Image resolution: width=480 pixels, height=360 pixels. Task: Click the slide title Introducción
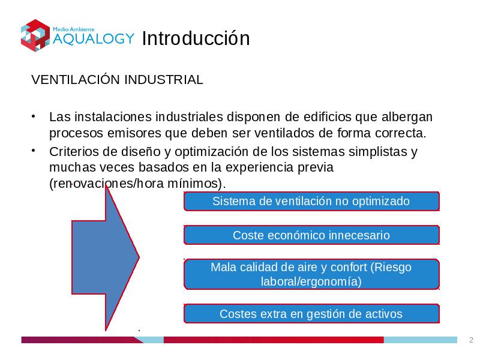[196, 38]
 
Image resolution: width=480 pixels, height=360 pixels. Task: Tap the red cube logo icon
[35, 35]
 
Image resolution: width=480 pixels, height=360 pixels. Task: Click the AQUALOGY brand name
[94, 39]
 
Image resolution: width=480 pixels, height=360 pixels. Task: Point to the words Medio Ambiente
[73, 29]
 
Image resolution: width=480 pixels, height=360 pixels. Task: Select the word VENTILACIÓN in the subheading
[76, 79]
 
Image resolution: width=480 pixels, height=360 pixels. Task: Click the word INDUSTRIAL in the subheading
[164, 80]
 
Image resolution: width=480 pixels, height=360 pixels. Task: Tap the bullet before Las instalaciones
[33, 116]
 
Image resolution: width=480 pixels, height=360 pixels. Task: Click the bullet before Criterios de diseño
[33, 151]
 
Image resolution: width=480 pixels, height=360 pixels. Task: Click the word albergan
[407, 118]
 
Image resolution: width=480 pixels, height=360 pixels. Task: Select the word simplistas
[378, 152]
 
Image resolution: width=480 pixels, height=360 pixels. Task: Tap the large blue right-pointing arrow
[106, 258]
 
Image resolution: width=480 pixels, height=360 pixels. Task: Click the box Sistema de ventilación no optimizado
[311, 201]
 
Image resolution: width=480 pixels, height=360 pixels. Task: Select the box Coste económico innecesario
[311, 235]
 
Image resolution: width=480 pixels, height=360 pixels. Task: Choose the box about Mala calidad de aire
[311, 274]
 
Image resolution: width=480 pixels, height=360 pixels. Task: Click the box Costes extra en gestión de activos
[311, 314]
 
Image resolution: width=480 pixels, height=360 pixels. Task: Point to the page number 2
[471, 340]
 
